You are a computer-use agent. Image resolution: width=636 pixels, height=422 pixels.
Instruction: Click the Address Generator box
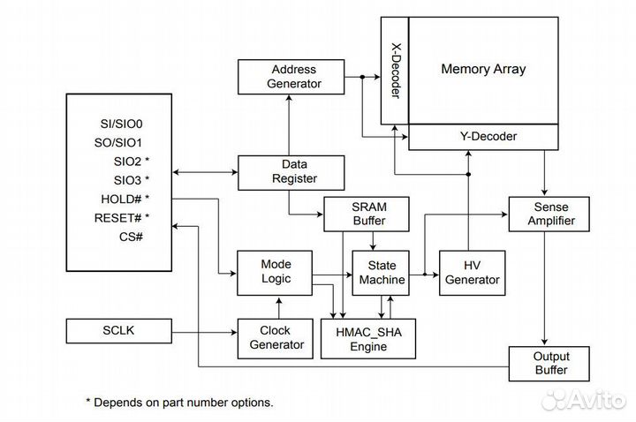pyautogui.click(x=294, y=78)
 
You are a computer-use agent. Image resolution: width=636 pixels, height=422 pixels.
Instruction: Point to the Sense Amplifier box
pyautogui.click(x=548, y=213)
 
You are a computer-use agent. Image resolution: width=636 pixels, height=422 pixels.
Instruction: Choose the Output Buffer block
pyautogui.click(x=548, y=362)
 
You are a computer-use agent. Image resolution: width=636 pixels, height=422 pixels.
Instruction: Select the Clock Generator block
pyautogui.click(x=276, y=338)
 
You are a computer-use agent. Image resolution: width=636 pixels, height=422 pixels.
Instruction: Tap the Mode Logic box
pyautogui.click(x=276, y=272)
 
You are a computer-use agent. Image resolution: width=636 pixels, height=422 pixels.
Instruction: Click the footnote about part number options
pyautogui.click(x=179, y=402)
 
